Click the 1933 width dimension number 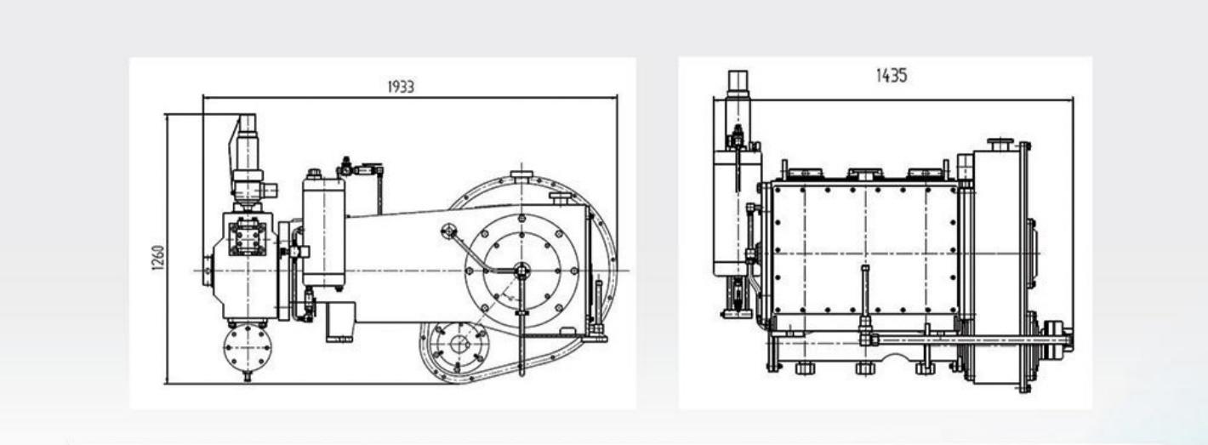pyautogui.click(x=401, y=87)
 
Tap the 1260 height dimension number pyautogui.click(x=156, y=252)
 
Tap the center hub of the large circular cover pyautogui.click(x=521, y=271)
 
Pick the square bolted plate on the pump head pyautogui.click(x=248, y=236)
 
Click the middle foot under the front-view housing pyautogui.click(x=864, y=368)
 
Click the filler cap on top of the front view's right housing pyautogui.click(x=998, y=143)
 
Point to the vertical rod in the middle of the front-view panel pyautogui.click(x=863, y=298)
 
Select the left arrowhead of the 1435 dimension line pyautogui.click(x=716, y=100)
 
